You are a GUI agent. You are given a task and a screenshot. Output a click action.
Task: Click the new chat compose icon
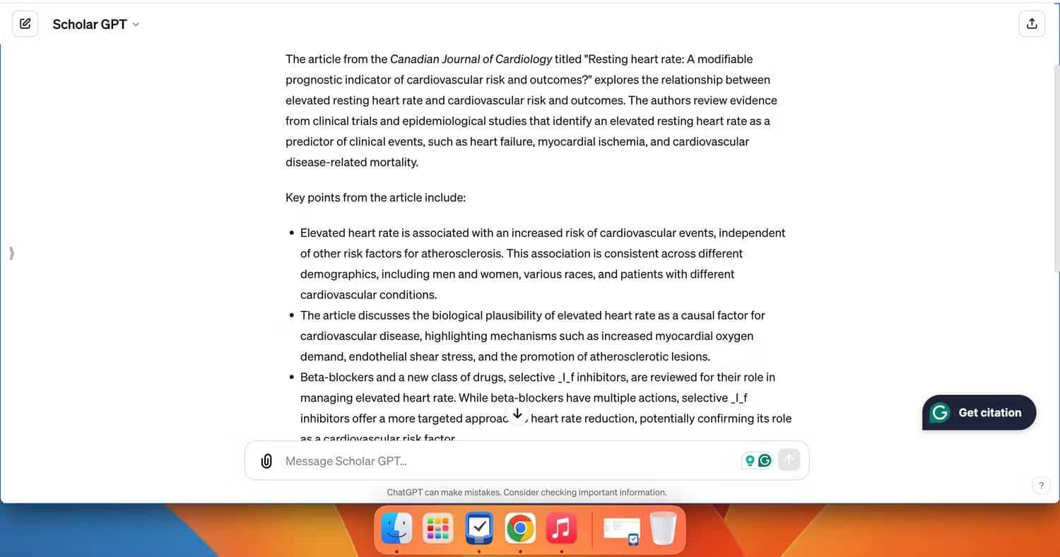point(25,24)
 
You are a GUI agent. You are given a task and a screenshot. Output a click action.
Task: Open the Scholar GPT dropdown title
point(95,24)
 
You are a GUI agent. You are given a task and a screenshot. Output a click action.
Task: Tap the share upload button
point(1032,24)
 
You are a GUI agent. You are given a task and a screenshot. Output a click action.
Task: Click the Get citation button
point(979,413)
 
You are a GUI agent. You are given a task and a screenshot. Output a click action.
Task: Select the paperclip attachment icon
point(266,461)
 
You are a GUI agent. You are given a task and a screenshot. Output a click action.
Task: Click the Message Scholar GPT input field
point(495,461)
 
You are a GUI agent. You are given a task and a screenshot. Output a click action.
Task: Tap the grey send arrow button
point(789,460)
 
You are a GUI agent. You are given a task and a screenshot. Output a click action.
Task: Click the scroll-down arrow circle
point(517,414)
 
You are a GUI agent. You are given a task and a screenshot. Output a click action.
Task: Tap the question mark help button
point(1041,486)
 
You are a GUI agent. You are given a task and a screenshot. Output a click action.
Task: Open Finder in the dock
point(396,528)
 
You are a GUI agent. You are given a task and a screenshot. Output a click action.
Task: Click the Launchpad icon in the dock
point(437,528)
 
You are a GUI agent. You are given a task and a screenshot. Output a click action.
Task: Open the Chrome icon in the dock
point(520,528)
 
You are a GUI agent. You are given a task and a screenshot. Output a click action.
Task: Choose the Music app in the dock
point(561,528)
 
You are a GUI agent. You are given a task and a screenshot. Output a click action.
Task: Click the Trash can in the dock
point(663,528)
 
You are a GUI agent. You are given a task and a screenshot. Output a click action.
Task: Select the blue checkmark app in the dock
point(478,528)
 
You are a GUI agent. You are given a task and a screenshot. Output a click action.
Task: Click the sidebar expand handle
point(11,253)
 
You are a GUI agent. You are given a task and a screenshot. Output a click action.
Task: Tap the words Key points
point(312,197)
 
